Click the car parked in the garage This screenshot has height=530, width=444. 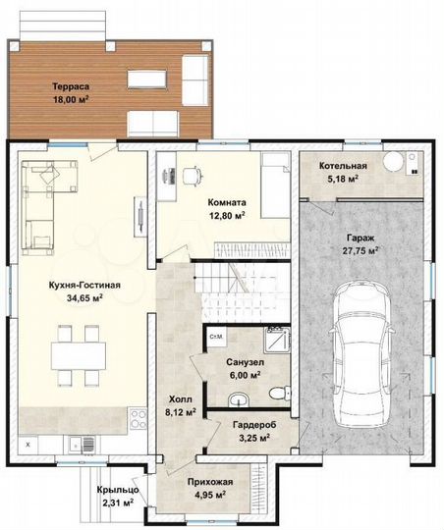(361, 355)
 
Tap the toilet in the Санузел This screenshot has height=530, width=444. (280, 393)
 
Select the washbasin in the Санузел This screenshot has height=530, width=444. (239, 399)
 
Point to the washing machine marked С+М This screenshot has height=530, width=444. (216, 337)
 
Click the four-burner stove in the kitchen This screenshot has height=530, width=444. (139, 419)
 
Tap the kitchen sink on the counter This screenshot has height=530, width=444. (82, 445)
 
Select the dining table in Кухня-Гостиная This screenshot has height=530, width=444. (79, 356)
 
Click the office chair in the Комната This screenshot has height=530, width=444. (192, 176)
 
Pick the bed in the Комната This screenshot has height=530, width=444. (276, 185)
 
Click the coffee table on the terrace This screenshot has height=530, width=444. (147, 79)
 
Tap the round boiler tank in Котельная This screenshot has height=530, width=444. (393, 161)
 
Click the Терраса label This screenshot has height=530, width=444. (71, 86)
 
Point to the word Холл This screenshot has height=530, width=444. (181, 399)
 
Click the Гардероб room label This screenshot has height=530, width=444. (254, 425)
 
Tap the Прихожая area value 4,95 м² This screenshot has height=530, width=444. (210, 495)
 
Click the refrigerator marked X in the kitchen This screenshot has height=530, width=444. (28, 445)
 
